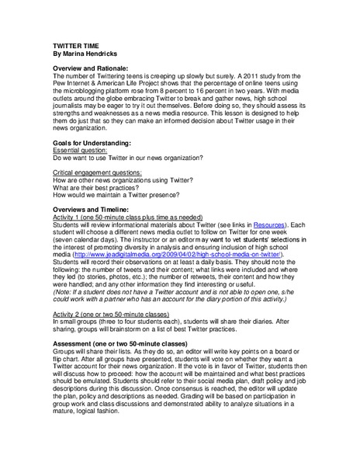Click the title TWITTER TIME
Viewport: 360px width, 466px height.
(76, 47)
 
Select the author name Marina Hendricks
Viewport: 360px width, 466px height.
(94, 55)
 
